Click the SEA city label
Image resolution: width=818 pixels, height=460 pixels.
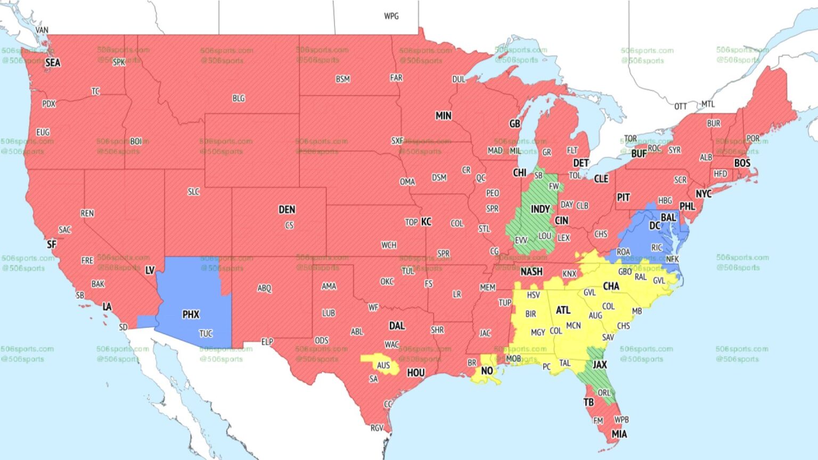click(x=53, y=63)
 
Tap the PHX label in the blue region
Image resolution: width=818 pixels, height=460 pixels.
click(x=191, y=315)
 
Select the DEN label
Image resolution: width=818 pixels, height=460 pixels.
click(x=287, y=210)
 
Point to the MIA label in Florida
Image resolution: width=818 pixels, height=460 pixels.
click(x=619, y=434)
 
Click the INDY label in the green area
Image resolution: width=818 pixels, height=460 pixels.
click(x=540, y=209)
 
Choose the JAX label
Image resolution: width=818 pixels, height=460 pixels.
click(x=600, y=365)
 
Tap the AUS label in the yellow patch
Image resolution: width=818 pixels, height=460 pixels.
click(x=383, y=365)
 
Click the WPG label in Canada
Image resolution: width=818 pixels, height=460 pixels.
click(x=391, y=16)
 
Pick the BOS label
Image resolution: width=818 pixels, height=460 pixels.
click(x=742, y=163)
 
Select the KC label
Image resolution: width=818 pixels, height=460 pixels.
click(x=426, y=222)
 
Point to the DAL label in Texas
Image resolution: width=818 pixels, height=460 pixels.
click(x=397, y=326)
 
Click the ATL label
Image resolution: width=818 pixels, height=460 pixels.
click(x=563, y=310)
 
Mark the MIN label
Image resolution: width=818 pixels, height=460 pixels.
click(x=443, y=116)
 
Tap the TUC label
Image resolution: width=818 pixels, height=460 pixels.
click(x=206, y=334)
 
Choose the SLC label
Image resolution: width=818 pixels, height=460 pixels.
click(x=193, y=192)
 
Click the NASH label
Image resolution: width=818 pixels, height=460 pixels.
click(x=531, y=272)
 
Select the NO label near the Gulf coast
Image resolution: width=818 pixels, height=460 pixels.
click(x=487, y=371)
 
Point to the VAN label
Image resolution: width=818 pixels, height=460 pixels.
click(x=42, y=30)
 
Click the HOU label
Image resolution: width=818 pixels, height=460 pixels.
click(x=415, y=373)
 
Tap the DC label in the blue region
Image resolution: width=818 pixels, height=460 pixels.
click(x=655, y=226)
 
